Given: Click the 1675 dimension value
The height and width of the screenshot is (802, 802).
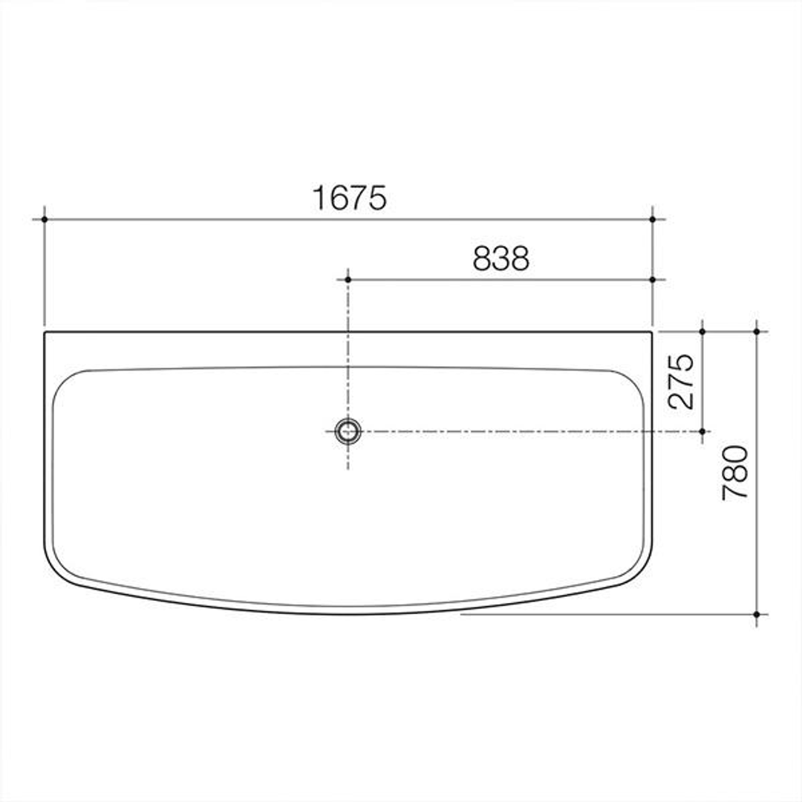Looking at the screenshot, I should (350, 198).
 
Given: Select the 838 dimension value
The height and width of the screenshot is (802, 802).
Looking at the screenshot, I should (501, 258).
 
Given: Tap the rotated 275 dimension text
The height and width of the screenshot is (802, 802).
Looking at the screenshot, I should (682, 381).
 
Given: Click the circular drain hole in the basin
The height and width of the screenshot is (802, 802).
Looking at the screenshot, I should (348, 431).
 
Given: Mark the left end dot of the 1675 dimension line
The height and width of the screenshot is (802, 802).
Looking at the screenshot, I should (45, 219).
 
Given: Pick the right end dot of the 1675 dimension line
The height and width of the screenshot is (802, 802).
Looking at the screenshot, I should (652, 219).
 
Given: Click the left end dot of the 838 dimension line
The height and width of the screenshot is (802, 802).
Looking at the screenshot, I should (348, 279).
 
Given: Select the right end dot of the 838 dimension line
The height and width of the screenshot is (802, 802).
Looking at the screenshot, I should (652, 279).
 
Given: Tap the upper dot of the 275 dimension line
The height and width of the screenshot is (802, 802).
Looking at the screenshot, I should (702, 331).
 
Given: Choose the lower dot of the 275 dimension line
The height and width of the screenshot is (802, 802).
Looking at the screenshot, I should (702, 431).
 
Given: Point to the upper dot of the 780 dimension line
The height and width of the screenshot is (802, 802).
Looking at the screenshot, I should (756, 331).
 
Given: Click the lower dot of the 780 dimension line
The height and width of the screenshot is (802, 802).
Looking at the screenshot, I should (756, 614).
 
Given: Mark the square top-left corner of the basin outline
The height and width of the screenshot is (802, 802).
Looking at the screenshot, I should (45, 333).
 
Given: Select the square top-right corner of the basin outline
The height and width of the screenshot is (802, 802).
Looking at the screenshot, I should (651, 333).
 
